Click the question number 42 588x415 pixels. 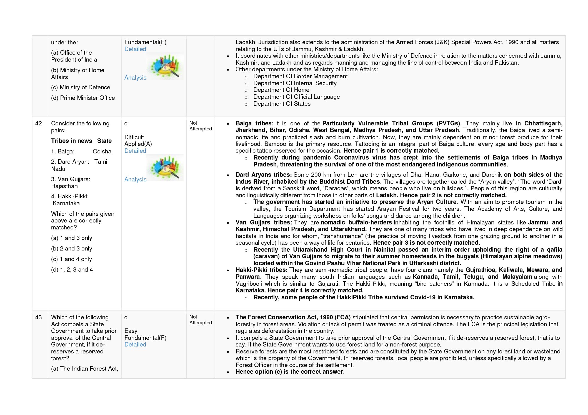point(38,123)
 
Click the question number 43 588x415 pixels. point(38,317)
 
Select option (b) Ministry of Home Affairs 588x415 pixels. point(77,74)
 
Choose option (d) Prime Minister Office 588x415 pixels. point(83,98)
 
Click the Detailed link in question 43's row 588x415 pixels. point(135,345)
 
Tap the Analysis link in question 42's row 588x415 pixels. point(135,179)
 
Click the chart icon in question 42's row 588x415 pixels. point(165,168)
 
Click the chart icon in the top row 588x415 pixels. point(165,66)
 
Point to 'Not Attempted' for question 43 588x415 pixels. point(200,320)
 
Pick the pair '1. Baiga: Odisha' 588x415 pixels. point(81,151)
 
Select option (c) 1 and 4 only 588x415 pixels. point(71,259)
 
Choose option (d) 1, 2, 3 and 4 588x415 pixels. point(72,270)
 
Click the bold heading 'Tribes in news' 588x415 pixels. point(71,141)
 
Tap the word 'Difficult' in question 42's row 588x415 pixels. point(134,137)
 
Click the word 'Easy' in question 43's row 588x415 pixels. point(131,331)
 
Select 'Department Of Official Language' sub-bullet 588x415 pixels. point(296,97)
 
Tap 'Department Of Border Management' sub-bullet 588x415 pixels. point(300,76)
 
